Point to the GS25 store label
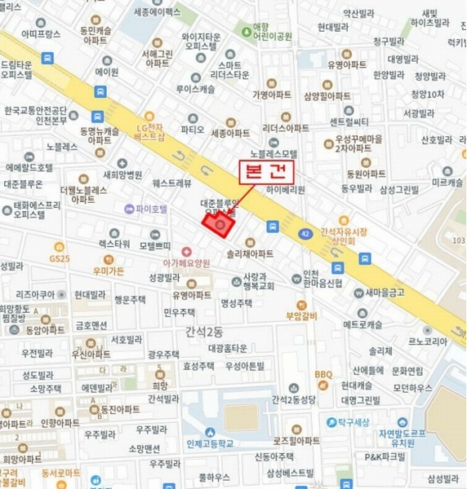pyautogui.click(x=60, y=258)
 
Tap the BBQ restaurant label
pyautogui.click(x=323, y=374)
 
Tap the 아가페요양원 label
pyautogui.click(x=186, y=262)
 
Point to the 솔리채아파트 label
pyautogui.click(x=250, y=253)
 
